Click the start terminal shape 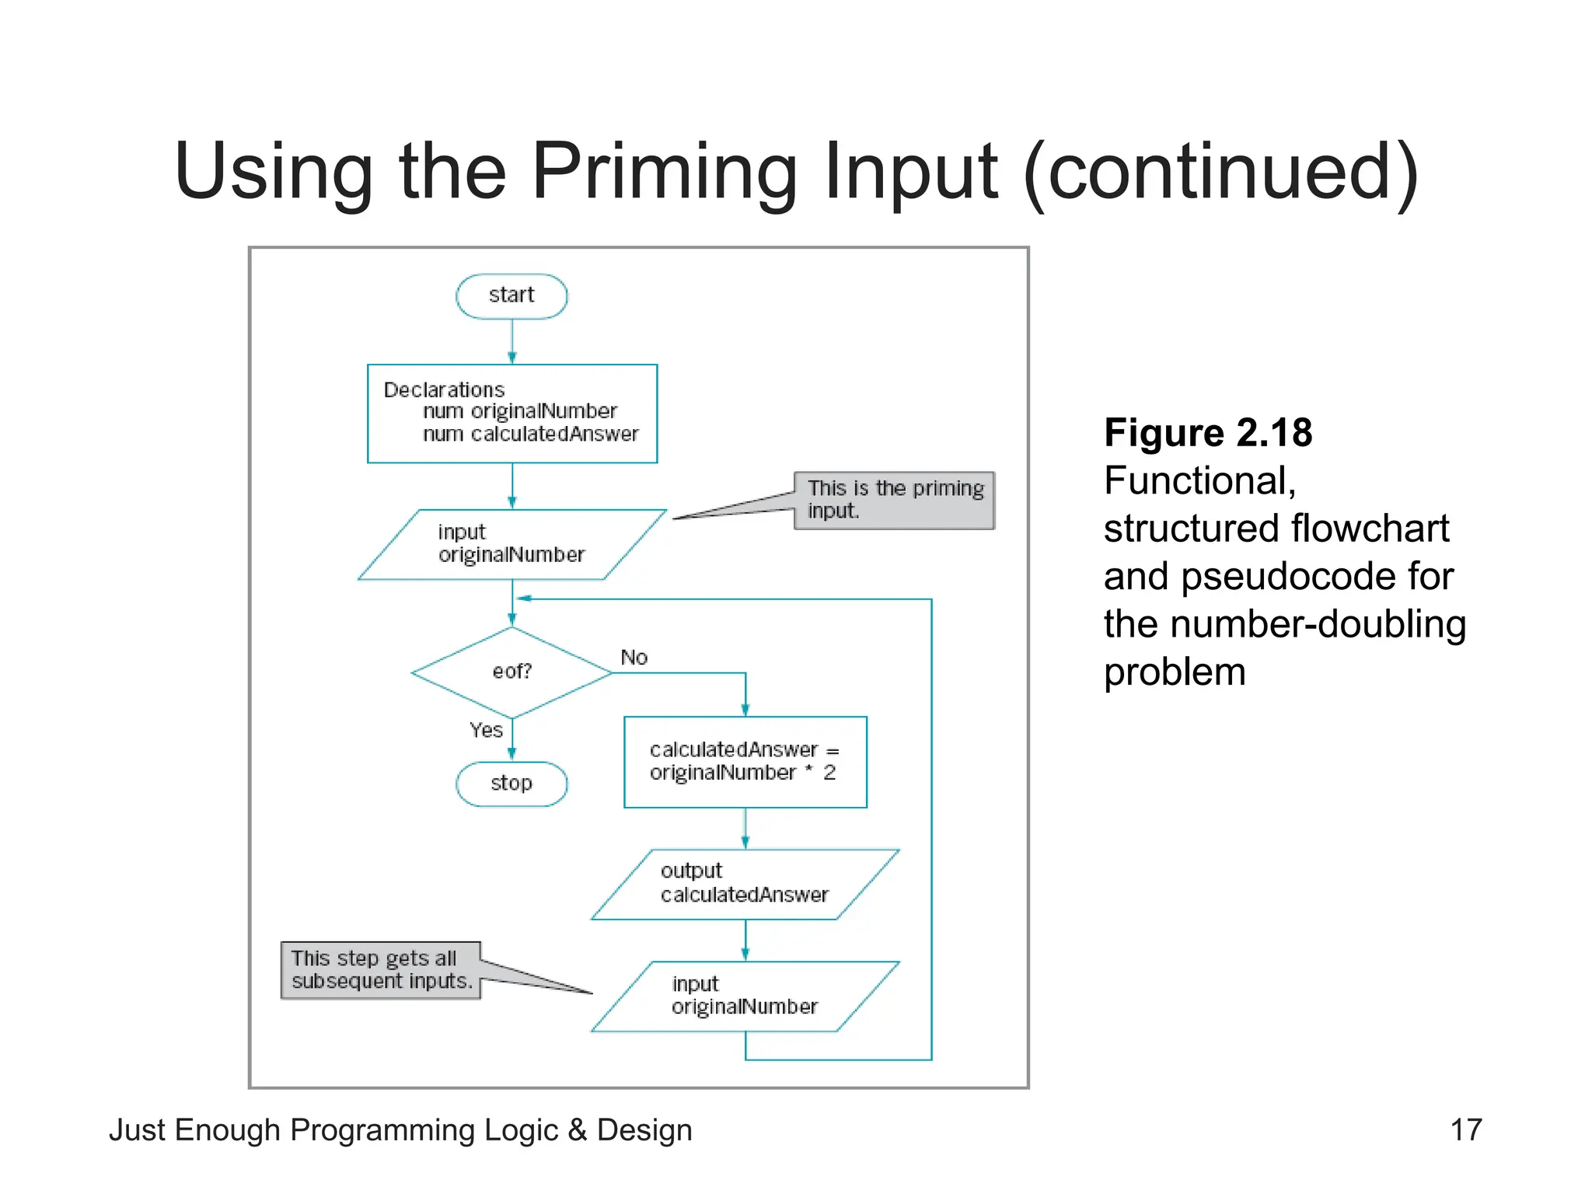pos(511,296)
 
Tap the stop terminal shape pos(511,784)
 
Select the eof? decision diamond pos(511,672)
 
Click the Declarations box pos(512,414)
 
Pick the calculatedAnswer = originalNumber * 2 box pos(745,762)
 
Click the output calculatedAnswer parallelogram pos(745,884)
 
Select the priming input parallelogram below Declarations pos(511,544)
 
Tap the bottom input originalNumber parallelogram pos(745,996)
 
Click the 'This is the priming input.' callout pos(894,501)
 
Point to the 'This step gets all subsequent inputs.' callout pos(381,970)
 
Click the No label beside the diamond pos(634,658)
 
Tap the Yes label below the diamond pos(486,730)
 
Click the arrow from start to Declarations pos(511,342)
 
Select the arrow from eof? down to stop pos(511,740)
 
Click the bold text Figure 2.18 pos(1207,433)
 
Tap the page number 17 pos(1466,1129)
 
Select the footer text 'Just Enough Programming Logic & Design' pos(400,1129)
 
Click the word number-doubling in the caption pos(1318,624)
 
